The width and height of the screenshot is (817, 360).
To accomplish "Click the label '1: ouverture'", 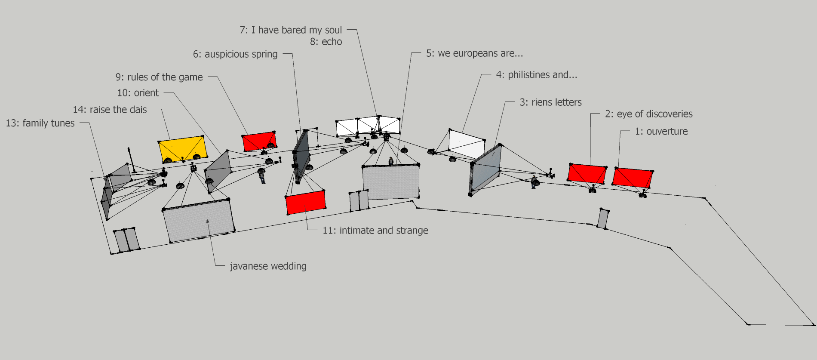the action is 661,132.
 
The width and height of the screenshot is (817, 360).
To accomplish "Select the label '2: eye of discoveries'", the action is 649,114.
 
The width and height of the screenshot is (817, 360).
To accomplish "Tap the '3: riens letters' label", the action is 550,102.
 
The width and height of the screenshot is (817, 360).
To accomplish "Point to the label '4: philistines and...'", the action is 537,75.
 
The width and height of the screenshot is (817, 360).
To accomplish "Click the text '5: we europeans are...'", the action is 475,53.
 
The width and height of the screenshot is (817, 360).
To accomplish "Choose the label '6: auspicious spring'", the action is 235,54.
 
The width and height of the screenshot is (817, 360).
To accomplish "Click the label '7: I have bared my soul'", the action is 291,30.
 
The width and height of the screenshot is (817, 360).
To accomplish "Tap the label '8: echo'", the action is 326,42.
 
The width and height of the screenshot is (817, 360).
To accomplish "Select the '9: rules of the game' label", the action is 159,77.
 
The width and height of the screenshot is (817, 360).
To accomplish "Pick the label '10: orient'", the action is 138,93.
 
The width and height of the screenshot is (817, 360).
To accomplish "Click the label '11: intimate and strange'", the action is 375,231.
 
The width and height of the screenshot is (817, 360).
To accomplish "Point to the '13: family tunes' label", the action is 40,123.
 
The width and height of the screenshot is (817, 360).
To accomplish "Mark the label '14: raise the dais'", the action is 110,110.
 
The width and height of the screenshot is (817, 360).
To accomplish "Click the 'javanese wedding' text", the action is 268,266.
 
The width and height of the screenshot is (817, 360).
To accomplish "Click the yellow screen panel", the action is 183,149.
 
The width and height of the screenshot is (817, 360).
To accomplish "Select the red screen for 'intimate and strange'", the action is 306,202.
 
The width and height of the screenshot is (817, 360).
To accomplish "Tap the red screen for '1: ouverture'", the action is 633,177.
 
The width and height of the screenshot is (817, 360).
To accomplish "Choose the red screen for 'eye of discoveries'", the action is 587,173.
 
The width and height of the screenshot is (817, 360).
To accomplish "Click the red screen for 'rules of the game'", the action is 259,142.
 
